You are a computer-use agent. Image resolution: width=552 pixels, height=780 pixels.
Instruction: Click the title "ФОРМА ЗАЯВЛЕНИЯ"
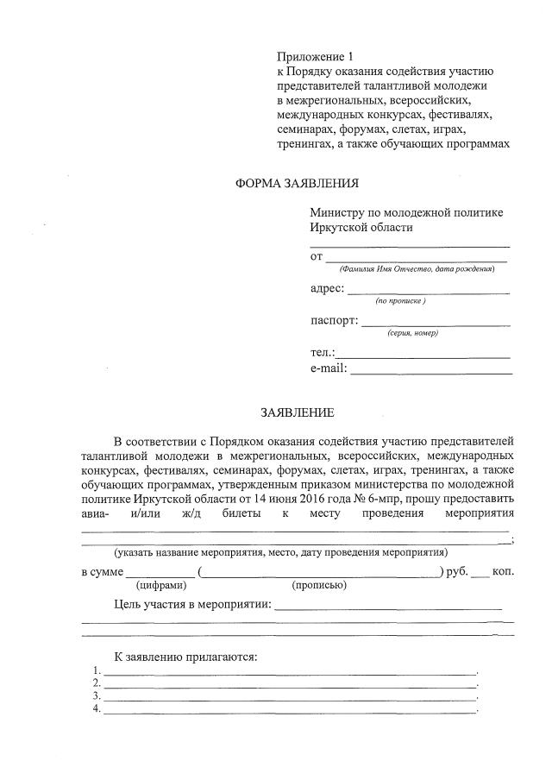tap(297, 183)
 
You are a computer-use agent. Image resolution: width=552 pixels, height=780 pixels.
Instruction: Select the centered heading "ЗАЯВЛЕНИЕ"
tap(297, 413)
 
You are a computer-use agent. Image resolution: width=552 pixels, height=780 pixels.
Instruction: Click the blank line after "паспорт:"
tap(436, 325)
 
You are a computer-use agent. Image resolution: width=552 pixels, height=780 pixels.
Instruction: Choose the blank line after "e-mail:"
tap(430, 373)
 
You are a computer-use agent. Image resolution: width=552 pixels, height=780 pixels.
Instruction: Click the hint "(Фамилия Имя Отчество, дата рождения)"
tap(417, 269)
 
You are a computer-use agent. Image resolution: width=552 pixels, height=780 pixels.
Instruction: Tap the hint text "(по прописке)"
tap(400, 301)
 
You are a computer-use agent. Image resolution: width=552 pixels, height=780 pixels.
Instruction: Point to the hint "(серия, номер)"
tap(412, 333)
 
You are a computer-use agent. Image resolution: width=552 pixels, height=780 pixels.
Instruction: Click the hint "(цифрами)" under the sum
tap(160, 586)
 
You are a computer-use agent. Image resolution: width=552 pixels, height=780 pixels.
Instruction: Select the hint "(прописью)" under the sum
tap(319, 586)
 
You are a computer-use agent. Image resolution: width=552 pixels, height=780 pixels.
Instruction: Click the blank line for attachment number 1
tap(290, 672)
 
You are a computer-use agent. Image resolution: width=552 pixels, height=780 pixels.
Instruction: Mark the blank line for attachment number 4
tap(290, 712)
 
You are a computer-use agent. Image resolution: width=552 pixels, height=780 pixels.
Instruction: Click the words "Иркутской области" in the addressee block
tap(361, 228)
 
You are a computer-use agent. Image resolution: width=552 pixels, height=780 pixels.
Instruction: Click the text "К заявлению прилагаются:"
tap(185, 657)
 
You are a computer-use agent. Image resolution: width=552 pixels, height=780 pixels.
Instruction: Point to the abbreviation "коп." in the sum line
tap(504, 571)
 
